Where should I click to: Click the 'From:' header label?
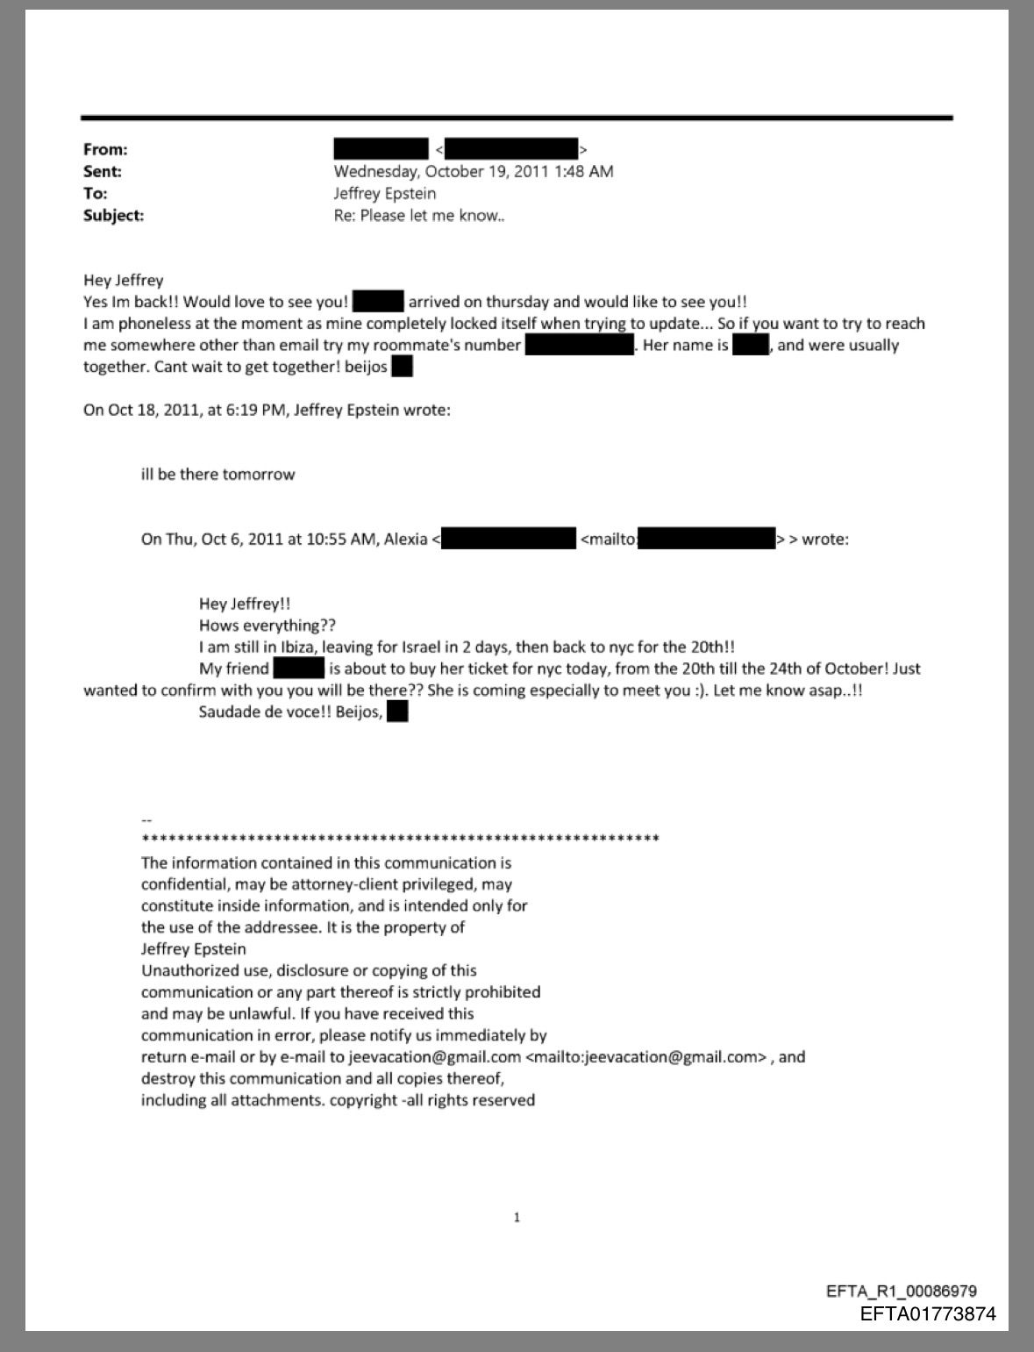(105, 150)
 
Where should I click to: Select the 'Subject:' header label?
(113, 216)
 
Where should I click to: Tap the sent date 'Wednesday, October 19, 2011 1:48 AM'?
(473, 172)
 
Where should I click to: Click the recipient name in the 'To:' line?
(384, 194)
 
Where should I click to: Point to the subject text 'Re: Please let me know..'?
(418, 216)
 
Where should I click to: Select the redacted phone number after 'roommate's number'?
(579, 346)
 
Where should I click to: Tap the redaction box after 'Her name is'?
(750, 346)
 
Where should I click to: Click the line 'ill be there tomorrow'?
(217, 475)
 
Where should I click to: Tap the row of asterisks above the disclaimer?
(400, 840)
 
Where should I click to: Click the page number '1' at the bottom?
(517, 1218)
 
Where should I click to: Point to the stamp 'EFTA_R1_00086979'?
(902, 1291)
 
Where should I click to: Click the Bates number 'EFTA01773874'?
(928, 1313)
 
